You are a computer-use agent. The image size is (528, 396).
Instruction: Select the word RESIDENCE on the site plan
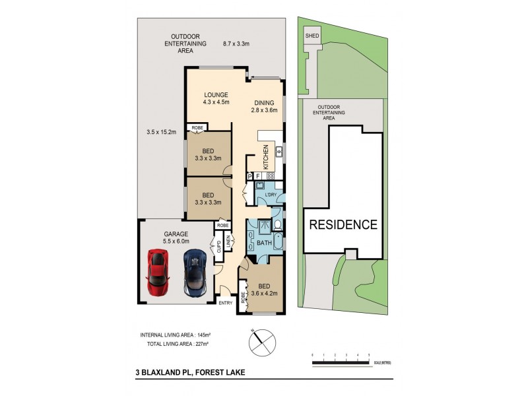pos(344,224)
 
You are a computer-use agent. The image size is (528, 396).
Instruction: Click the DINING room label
pos(267,102)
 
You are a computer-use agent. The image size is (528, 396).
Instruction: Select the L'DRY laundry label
pos(269,195)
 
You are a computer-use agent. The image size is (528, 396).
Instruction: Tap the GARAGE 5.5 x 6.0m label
pos(176,238)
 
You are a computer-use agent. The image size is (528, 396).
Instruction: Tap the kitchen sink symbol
pos(279,152)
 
